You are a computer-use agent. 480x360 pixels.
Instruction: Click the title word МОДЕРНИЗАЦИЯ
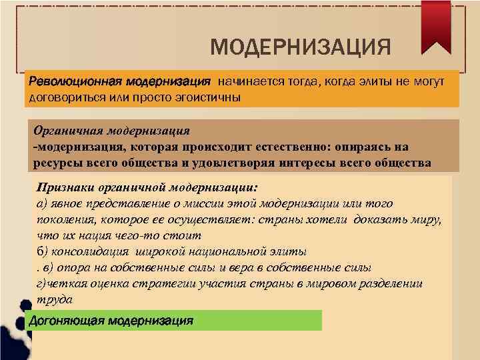click(299, 47)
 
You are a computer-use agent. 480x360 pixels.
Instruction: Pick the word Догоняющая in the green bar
click(61, 321)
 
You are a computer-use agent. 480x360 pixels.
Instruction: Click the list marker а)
click(42, 203)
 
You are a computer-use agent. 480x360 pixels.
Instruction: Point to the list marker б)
click(42, 251)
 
